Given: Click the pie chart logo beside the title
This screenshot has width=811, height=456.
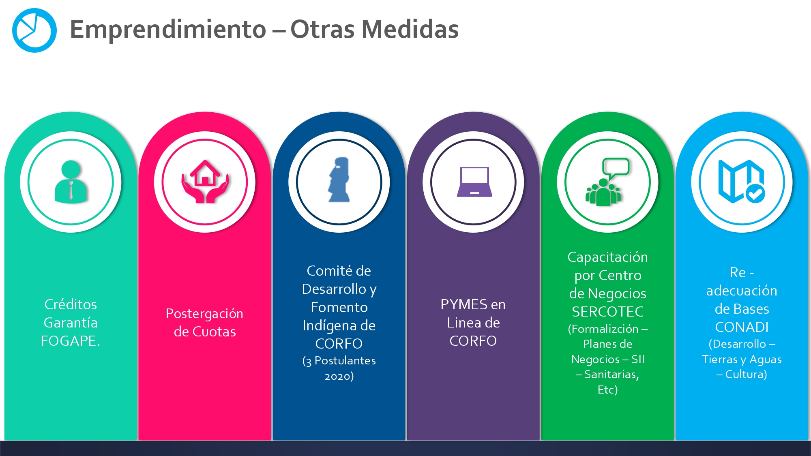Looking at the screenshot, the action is pos(34,30).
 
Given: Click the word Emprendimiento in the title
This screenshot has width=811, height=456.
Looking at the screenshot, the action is pos(168,30).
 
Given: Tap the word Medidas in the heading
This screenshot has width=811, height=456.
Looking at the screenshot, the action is pos(410,29).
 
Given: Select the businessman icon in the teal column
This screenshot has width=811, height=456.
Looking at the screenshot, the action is pos(71,182).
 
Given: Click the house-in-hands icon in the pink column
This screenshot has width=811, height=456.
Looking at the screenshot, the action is pos(205,181).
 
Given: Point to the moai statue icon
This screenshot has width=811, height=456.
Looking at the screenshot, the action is pos(339,180).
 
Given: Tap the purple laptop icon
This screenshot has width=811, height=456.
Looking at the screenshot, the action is pos(474,182).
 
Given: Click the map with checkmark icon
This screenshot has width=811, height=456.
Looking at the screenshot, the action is pos(742,181).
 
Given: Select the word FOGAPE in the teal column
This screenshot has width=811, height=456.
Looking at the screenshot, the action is pos(70,341).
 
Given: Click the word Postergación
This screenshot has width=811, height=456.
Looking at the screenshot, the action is pos(204,314).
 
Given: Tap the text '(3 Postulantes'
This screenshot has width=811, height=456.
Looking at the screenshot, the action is pos(339,361).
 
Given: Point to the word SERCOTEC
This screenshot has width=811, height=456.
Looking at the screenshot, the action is pos(607,312).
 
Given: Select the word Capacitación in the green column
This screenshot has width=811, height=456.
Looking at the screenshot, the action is pos(607,257).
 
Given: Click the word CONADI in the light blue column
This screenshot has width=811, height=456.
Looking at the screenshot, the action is pos(742,327).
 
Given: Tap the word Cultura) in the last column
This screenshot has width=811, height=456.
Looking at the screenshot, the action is pos(746,374).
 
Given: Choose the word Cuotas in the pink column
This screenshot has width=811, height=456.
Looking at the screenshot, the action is pos(214,332).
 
